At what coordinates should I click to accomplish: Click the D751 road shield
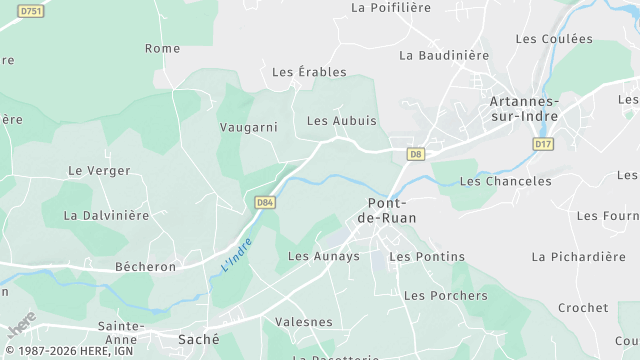[x=31, y=10]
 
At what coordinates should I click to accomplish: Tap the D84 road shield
[x=264, y=202]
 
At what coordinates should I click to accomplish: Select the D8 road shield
[x=416, y=153]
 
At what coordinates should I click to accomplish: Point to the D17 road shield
[x=543, y=144]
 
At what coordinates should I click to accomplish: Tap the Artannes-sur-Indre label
[x=524, y=109]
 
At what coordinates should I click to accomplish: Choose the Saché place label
[x=198, y=339]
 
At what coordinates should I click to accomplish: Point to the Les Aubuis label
[x=342, y=121]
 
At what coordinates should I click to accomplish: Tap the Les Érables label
[x=309, y=72]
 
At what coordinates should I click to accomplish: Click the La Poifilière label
[x=391, y=8]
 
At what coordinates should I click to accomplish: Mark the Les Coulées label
[x=554, y=39]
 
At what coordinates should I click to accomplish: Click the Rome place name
[x=162, y=48]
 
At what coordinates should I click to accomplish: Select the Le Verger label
[x=99, y=171]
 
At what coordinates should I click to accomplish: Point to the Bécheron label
[x=145, y=267]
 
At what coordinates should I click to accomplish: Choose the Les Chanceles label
[x=505, y=182]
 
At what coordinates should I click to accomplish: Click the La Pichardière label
[x=578, y=257]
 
